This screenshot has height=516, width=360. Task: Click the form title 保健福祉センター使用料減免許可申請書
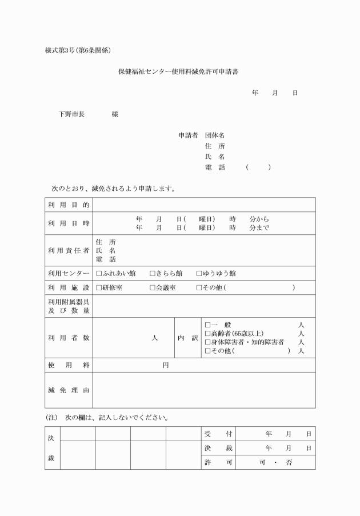tap(178, 72)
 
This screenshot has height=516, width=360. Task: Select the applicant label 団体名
tap(215, 135)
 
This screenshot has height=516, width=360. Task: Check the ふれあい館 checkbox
tap(99, 273)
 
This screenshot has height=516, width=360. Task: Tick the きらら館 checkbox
tap(152, 273)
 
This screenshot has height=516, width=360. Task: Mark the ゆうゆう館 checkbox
tap(199, 273)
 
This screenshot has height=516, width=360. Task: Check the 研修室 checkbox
tap(99, 287)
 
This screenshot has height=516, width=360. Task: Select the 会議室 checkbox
tap(152, 287)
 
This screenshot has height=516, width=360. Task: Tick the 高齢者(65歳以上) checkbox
tap(207, 333)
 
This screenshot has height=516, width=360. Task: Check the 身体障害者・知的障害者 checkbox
tap(207, 342)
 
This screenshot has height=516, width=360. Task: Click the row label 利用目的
tap(69, 205)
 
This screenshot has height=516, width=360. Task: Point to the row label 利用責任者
tap(69, 250)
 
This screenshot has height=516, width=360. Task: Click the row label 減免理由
tap(69, 390)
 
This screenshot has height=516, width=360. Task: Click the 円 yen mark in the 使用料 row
tap(166, 365)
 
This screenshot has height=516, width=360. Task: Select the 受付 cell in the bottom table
tap(218, 434)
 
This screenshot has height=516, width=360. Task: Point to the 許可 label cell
tap(218, 462)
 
